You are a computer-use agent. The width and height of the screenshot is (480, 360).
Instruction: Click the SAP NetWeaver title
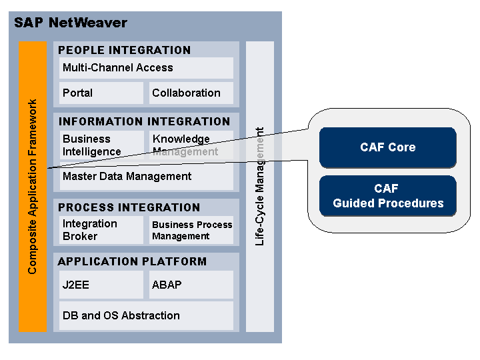point(70,23)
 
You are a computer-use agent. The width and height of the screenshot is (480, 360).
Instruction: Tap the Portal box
point(99,93)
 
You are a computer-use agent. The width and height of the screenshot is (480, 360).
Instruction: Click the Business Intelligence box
point(99,145)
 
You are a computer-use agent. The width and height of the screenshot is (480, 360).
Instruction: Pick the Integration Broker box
point(99,230)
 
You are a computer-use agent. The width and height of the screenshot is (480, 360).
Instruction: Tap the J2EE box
point(99,285)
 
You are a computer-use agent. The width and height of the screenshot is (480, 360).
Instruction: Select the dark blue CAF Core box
point(387,147)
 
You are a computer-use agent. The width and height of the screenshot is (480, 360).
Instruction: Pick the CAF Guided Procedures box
point(387,196)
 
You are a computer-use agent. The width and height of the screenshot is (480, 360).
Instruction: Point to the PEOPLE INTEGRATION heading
point(124,50)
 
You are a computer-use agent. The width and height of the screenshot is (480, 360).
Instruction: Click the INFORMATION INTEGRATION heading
point(144,121)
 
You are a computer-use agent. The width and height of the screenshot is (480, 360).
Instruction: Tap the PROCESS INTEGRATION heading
point(129,207)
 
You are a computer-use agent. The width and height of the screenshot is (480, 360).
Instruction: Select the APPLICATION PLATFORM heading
point(132,261)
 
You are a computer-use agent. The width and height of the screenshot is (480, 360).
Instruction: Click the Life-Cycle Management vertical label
point(260,186)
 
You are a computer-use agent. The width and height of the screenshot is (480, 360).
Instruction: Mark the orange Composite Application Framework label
point(33,186)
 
